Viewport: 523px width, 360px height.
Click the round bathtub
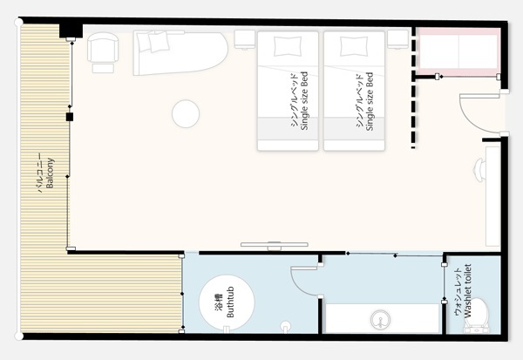[227, 302]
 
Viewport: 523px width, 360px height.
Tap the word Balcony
[50, 173]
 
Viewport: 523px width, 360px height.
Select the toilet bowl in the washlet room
[478, 315]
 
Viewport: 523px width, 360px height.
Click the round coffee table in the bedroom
[186, 114]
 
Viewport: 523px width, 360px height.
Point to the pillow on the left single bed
[287, 46]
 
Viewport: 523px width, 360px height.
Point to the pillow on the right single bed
[354, 46]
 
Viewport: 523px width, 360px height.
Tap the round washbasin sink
[380, 320]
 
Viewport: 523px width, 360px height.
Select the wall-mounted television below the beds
[275, 246]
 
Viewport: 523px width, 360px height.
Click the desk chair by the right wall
[480, 170]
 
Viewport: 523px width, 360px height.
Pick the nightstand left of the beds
[244, 40]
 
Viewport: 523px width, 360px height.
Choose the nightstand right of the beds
[398, 39]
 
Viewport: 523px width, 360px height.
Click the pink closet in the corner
[458, 51]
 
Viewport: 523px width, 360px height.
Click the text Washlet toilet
[468, 290]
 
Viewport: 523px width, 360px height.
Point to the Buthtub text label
[230, 302]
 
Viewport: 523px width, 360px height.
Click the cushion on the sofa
[159, 42]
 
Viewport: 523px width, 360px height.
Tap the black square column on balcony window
[70, 117]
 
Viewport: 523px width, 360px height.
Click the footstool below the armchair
[103, 68]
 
